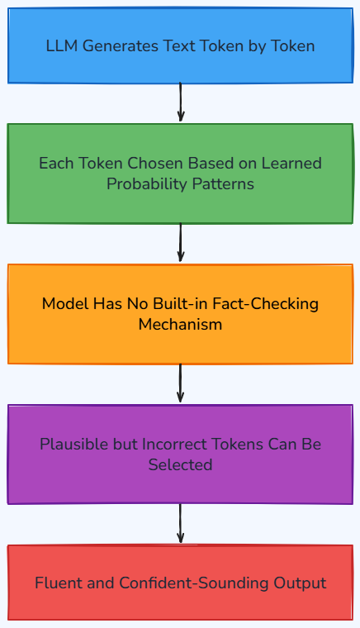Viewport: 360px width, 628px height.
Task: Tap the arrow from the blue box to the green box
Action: (x=180, y=102)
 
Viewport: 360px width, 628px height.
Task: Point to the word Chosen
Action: (x=155, y=164)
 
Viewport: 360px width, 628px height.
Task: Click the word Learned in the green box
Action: (x=291, y=164)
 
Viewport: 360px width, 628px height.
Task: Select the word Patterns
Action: (x=223, y=184)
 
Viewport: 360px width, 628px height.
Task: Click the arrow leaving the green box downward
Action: (x=180, y=243)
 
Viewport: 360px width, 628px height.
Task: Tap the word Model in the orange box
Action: (x=65, y=303)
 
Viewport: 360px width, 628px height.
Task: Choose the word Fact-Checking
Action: (x=266, y=303)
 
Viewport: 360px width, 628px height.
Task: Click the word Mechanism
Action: (x=180, y=325)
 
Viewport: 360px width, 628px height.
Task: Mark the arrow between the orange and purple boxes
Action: (x=180, y=383)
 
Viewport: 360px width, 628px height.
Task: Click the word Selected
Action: (x=180, y=465)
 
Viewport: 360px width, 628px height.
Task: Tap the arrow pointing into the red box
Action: (x=180, y=523)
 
